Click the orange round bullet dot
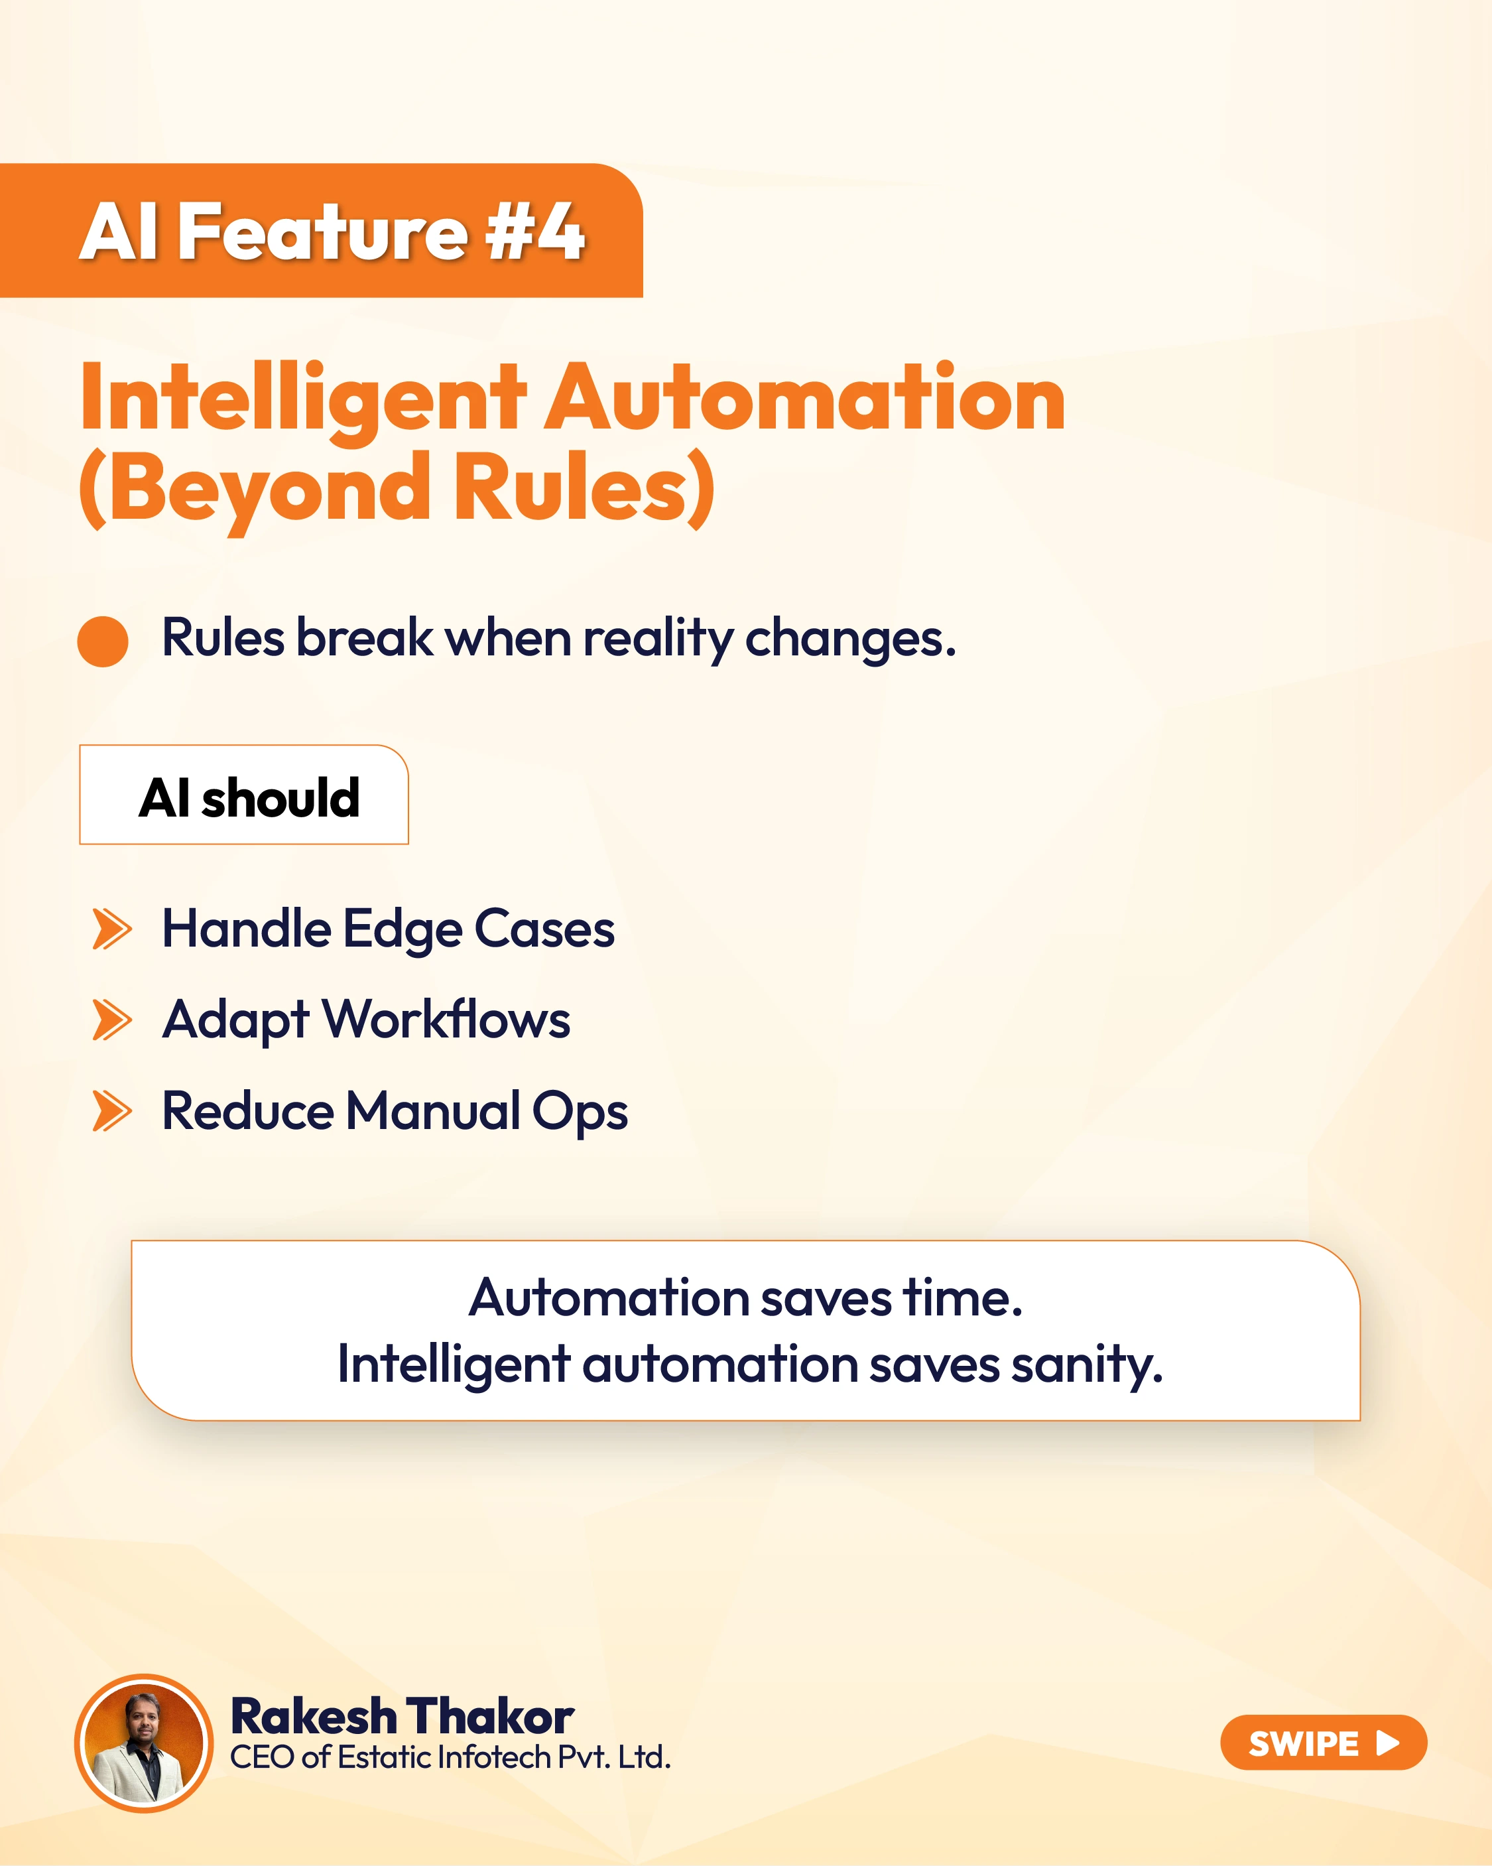point(103,641)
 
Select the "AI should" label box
point(244,795)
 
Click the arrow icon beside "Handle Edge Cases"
point(113,929)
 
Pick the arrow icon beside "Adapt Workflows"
point(113,1020)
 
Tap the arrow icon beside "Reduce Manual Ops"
point(113,1111)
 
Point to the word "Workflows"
point(446,1019)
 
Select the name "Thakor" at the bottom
point(490,1717)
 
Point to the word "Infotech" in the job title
point(494,1758)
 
